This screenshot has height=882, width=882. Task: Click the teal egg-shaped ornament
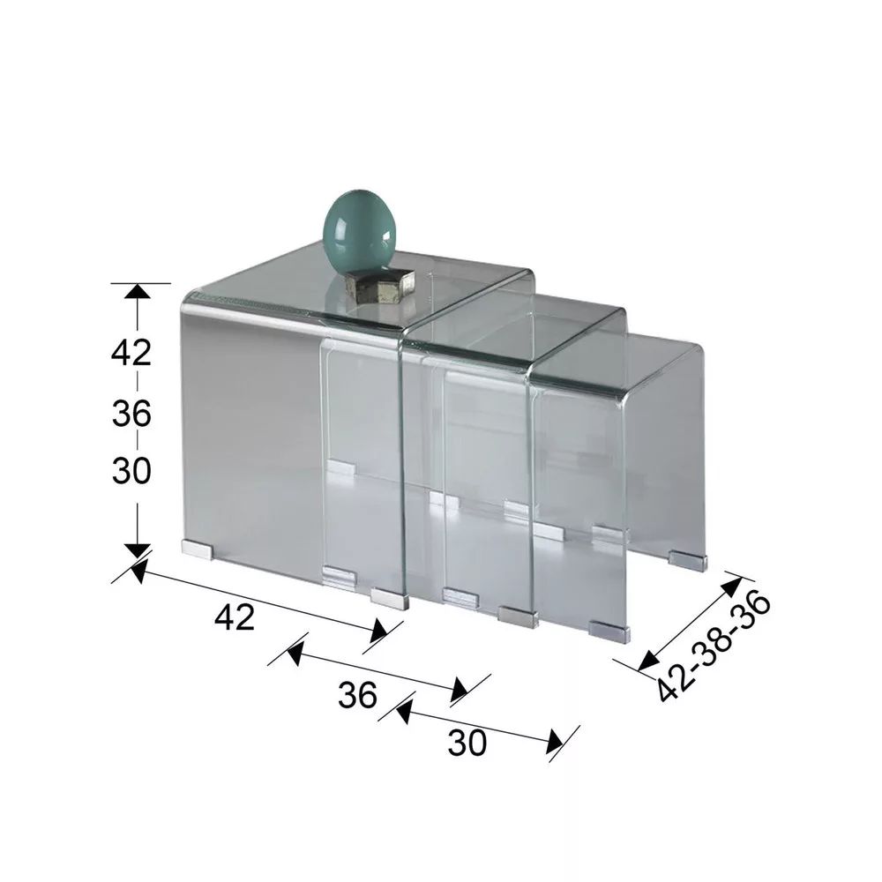(358, 234)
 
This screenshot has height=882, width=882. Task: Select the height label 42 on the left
(131, 353)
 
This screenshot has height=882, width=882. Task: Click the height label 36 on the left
(131, 414)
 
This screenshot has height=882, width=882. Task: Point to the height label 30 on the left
(131, 471)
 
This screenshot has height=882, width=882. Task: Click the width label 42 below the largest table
(235, 617)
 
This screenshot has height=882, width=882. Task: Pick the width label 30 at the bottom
(467, 743)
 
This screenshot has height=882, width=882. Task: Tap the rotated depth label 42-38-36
(714, 647)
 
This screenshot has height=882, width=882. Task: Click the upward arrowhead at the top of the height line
(138, 292)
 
